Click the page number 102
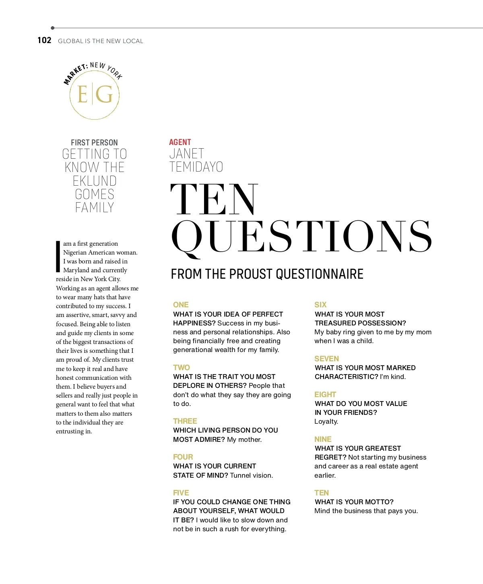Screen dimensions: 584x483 (44, 40)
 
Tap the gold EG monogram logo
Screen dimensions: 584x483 (95, 95)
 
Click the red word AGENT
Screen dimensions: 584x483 (180, 142)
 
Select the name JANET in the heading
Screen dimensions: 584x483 (187, 154)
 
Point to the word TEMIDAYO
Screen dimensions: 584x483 (196, 167)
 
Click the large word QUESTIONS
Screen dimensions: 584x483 (301, 237)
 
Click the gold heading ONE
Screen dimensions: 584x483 (181, 305)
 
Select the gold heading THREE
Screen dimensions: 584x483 (185, 421)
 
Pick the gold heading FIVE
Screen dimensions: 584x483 (181, 493)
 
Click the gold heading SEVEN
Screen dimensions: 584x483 (326, 359)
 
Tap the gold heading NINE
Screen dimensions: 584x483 (323, 439)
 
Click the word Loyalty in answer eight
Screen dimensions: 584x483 (326, 422)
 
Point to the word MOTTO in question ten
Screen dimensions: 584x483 (378, 502)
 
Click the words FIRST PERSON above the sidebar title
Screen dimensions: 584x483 (94, 143)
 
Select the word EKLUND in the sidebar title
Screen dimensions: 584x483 (95, 181)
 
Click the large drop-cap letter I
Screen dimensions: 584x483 (58, 257)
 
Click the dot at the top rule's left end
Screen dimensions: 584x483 (53, 28)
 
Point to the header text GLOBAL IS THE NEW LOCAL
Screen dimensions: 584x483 (101, 41)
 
